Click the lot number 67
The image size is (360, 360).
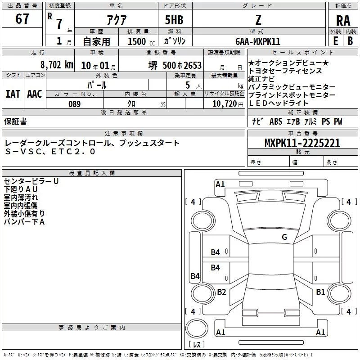point(22,19)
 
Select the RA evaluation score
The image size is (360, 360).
point(343,20)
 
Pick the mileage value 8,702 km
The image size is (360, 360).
point(57,64)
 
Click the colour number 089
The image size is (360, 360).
point(74,104)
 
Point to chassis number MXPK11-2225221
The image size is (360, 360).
point(302,144)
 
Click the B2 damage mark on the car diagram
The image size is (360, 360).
point(221,292)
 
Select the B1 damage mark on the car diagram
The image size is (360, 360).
point(320,292)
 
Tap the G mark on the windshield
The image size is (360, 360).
point(284,237)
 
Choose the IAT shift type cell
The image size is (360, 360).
point(13,94)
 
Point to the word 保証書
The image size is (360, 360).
point(15,121)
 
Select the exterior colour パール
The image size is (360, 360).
point(97,85)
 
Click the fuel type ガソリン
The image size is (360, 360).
point(175,41)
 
